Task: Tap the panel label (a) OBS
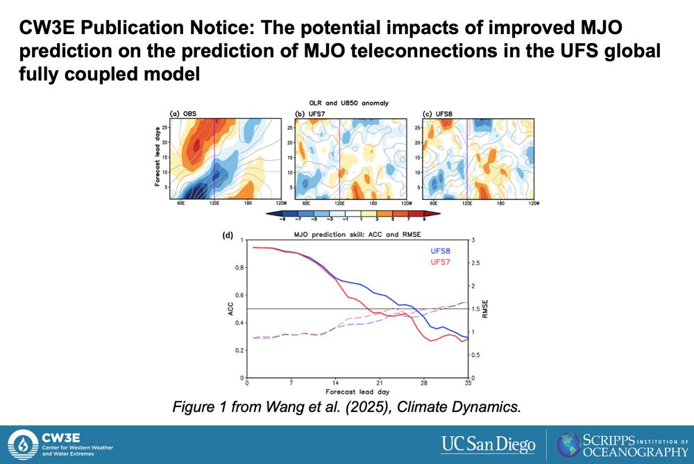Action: (185, 113)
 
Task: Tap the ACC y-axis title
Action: (230, 309)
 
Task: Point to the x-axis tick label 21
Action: (379, 383)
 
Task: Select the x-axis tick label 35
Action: (467, 383)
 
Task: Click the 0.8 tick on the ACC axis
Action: (239, 267)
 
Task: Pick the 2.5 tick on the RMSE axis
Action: (475, 263)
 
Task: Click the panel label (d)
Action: (227, 235)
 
